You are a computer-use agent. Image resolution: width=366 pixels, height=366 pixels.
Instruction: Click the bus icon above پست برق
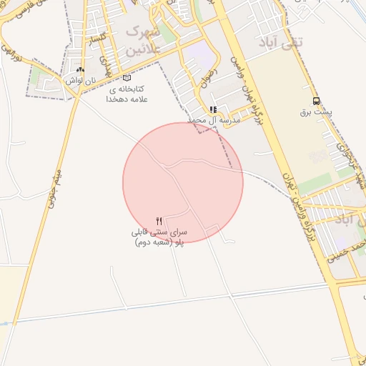tap(317, 102)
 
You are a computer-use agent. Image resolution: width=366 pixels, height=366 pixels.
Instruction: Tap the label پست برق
tap(315, 112)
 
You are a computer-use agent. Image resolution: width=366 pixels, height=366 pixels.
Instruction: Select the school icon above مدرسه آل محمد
tap(212, 109)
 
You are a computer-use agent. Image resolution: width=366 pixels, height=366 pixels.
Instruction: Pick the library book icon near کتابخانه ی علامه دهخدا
tap(127, 78)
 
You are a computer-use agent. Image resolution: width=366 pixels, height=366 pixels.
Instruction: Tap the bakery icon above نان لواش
tap(80, 70)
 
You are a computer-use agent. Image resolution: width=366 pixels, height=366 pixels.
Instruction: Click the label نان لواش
tap(80, 81)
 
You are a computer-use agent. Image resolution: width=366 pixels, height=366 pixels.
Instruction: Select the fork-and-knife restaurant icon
tap(159, 220)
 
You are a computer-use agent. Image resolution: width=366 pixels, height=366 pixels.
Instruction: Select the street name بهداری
tap(107, 65)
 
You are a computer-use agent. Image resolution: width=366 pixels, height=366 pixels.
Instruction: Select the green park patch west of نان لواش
tap(38, 75)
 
